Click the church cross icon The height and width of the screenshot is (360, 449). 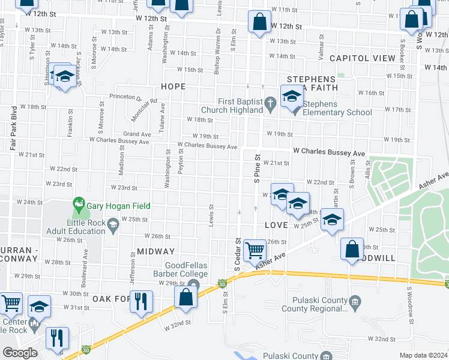click(x=271, y=103)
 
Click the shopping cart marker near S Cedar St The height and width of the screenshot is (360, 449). click(x=255, y=249)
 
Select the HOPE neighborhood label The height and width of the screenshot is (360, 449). click(x=173, y=86)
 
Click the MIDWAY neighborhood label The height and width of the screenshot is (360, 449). click(x=155, y=251)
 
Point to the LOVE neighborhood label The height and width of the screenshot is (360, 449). click(x=277, y=224)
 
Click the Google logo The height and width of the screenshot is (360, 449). click(x=20, y=353)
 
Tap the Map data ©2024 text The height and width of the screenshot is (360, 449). click(x=423, y=355)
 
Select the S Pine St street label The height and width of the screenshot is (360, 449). click(x=257, y=169)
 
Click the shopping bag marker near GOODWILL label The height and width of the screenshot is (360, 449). click(x=352, y=248)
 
